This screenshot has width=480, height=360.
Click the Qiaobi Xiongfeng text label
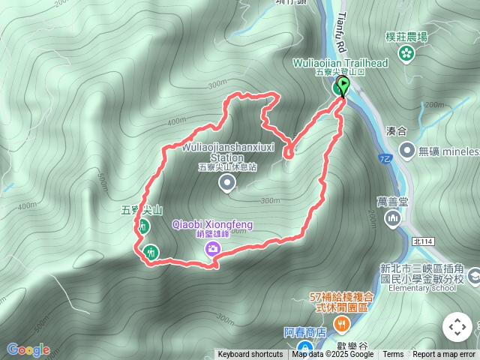point(212,224)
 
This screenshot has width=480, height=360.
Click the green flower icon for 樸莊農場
point(406,52)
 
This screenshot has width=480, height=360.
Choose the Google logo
point(28,349)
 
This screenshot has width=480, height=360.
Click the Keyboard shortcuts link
point(250,355)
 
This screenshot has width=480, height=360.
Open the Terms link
point(393,355)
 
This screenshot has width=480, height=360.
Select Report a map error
point(444,355)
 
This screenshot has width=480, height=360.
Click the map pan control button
point(457,327)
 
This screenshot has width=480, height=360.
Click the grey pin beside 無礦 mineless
point(406,151)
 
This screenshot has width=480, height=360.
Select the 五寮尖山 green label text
point(141,211)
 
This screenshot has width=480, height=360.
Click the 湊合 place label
point(396,130)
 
